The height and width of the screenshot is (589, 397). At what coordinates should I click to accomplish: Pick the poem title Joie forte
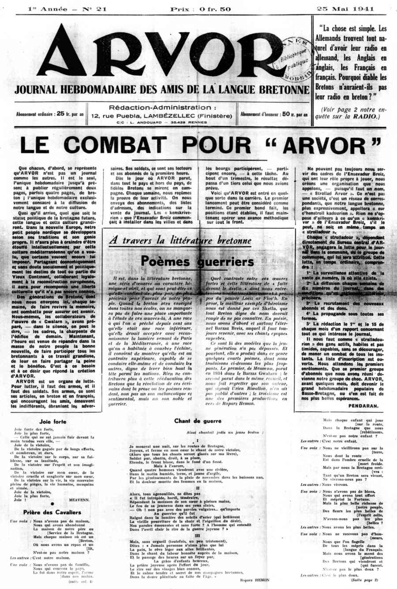(53, 422)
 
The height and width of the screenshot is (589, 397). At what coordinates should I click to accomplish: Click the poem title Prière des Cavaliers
(52, 512)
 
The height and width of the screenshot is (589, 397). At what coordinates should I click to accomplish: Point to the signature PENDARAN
(363, 405)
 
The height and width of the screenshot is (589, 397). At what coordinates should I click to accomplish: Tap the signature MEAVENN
(79, 500)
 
